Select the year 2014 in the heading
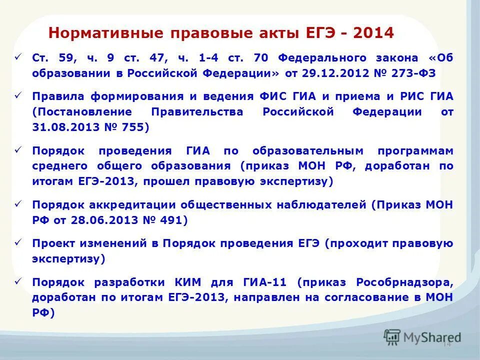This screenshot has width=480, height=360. tap(372, 33)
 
